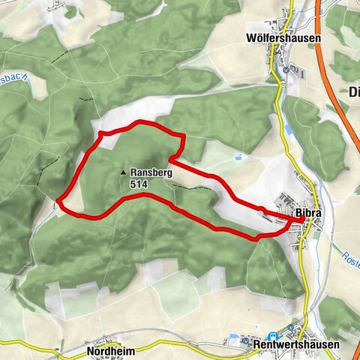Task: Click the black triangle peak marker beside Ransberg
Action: pyautogui.click(x=123, y=172)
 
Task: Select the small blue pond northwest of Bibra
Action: pyautogui.click(x=238, y=157)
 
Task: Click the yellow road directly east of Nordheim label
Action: pyautogui.click(x=150, y=348)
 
